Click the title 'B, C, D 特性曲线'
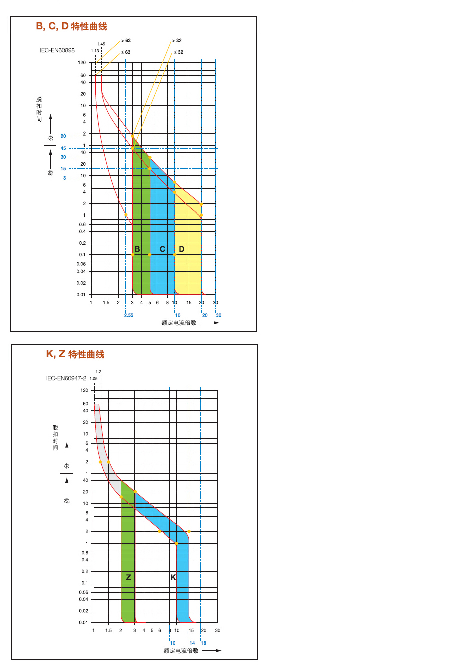71,26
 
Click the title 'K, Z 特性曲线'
75,354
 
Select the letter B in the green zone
137,249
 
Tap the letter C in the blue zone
162,249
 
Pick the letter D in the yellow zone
182,249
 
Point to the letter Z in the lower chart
128,578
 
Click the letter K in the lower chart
173,578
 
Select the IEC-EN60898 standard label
57,51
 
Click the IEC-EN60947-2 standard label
66,378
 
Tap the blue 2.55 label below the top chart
129,315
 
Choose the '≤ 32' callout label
178,52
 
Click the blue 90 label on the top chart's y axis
63,136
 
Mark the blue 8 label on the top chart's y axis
64,178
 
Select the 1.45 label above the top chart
101,44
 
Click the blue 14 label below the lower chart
192,643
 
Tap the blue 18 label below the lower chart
204,643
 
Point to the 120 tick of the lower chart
84,390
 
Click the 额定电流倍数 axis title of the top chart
179,323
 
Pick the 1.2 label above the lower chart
98,372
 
